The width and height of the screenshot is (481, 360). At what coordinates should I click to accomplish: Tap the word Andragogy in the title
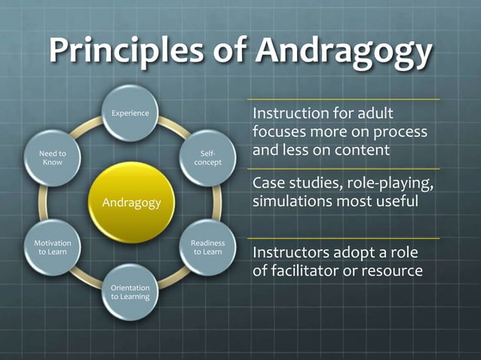pyautogui.click(x=344, y=50)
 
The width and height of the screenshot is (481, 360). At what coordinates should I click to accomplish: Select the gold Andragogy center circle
pyautogui.click(x=131, y=201)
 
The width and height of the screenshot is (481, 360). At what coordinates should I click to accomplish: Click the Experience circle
pyautogui.click(x=130, y=114)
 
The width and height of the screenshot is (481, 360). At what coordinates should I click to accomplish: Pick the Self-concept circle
pyautogui.click(x=207, y=157)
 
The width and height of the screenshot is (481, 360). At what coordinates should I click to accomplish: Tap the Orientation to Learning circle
pyautogui.click(x=130, y=291)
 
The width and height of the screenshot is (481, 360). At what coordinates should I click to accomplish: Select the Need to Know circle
pyautogui.click(x=53, y=157)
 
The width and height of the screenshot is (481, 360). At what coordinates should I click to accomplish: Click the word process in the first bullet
pyautogui.click(x=400, y=132)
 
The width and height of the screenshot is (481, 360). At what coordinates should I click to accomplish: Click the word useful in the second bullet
pyautogui.click(x=397, y=202)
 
